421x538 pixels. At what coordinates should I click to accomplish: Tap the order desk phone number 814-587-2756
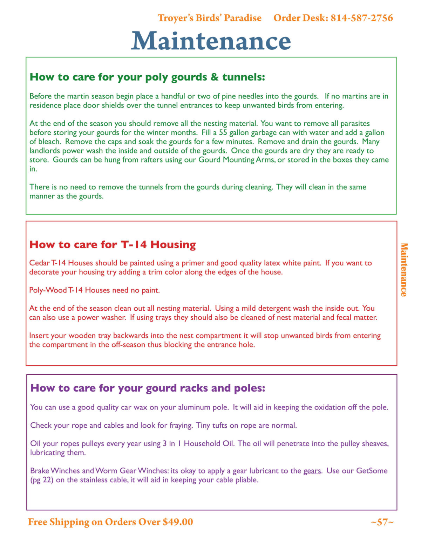tap(361, 18)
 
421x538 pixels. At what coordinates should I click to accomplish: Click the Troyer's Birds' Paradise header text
tap(209, 18)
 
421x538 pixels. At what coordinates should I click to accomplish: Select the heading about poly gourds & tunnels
tap(147, 77)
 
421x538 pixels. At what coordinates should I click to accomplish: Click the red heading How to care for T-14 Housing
tap(113, 244)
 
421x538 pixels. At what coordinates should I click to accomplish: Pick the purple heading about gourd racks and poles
tap(148, 388)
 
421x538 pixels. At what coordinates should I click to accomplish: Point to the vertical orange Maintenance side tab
tap(404, 270)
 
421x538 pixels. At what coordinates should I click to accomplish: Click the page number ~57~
tap(382, 522)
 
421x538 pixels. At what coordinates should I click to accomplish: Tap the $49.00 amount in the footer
tap(178, 522)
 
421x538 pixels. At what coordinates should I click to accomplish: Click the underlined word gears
tap(312, 471)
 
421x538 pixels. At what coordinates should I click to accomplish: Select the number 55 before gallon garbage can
tap(223, 132)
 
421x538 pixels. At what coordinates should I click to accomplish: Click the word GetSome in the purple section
tap(372, 471)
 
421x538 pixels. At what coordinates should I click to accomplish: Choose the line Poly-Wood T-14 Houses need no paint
tap(94, 290)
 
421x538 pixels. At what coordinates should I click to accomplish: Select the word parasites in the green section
tap(355, 123)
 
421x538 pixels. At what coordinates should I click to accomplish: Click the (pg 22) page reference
tap(42, 480)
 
